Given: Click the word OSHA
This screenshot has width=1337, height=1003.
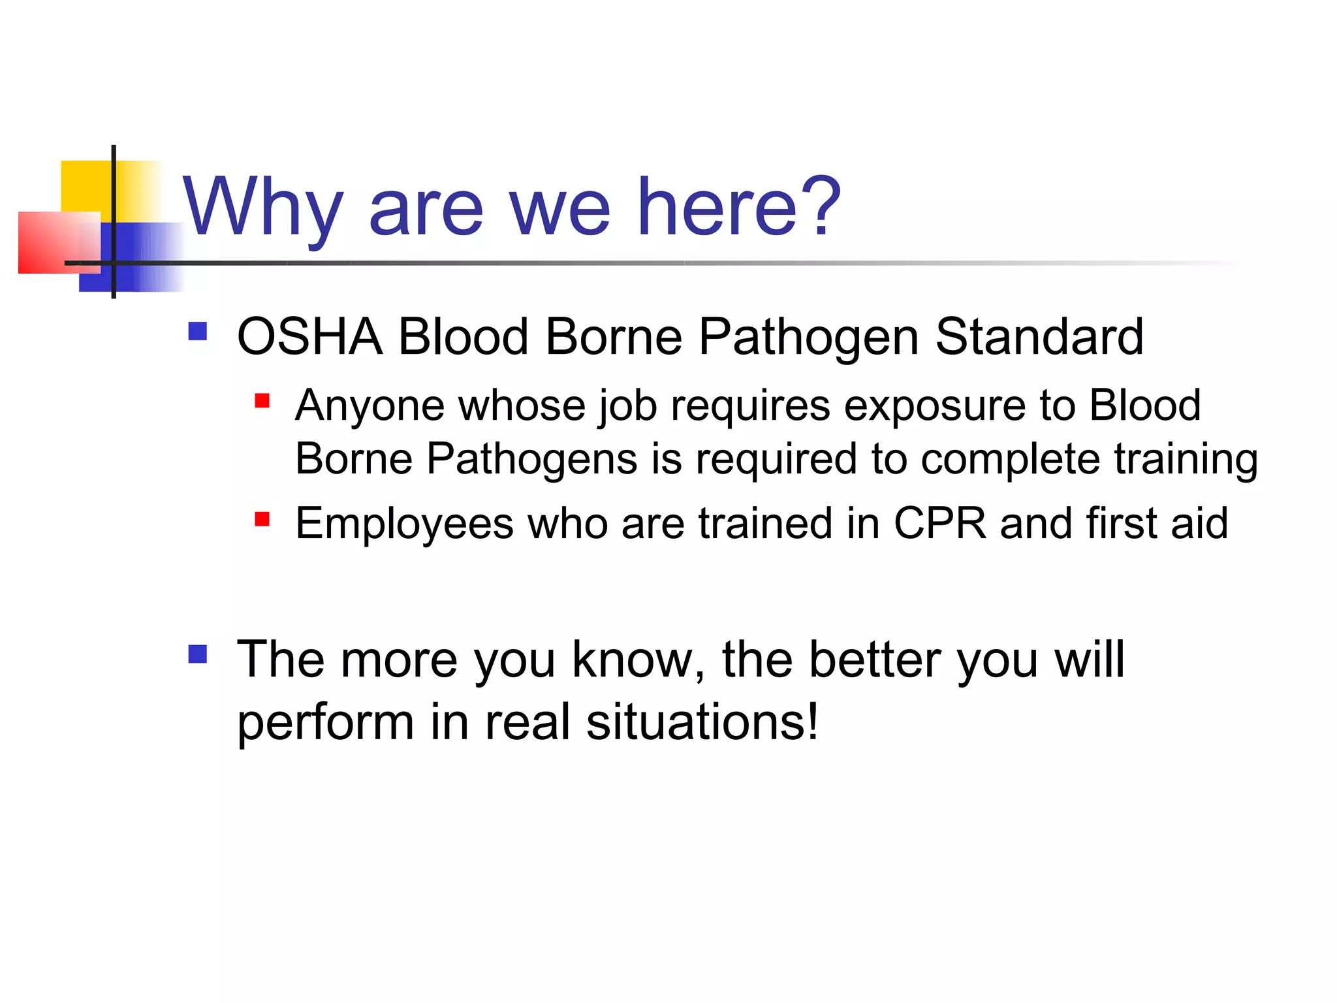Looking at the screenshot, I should coord(309,337).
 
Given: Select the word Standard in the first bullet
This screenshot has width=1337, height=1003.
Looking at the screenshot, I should coord(1039,337).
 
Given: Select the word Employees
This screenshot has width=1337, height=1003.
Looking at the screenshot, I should coord(404,524).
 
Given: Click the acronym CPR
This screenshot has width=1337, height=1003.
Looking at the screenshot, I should coord(939,524).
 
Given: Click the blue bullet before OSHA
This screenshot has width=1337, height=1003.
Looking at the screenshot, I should coord(197,332).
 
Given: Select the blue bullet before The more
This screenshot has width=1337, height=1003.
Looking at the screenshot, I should coord(197,654).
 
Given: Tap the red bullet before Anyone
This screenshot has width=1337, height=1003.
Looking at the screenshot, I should coord(262,400).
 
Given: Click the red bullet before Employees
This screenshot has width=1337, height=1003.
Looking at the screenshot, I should coord(262,519).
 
